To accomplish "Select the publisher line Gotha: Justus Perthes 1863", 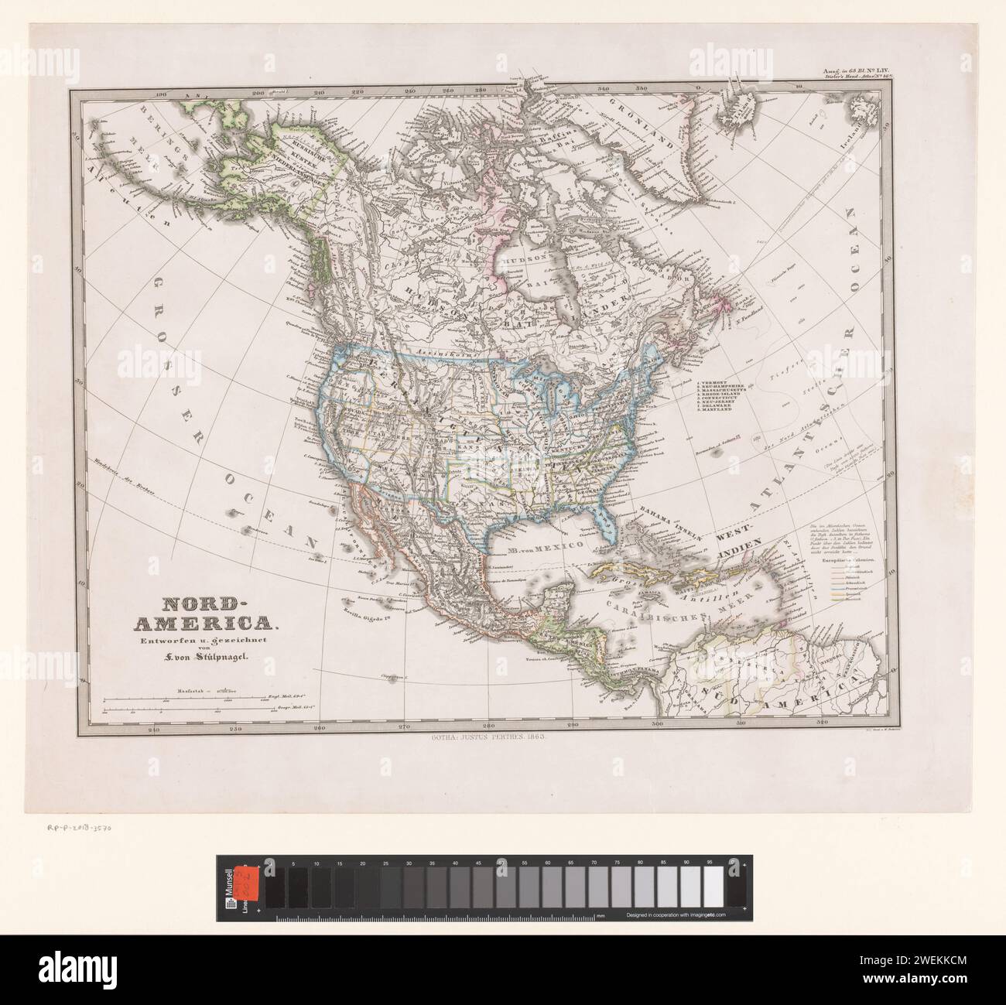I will [486, 739].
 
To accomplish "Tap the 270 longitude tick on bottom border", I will [403, 726].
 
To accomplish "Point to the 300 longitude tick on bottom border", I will [656, 726].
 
